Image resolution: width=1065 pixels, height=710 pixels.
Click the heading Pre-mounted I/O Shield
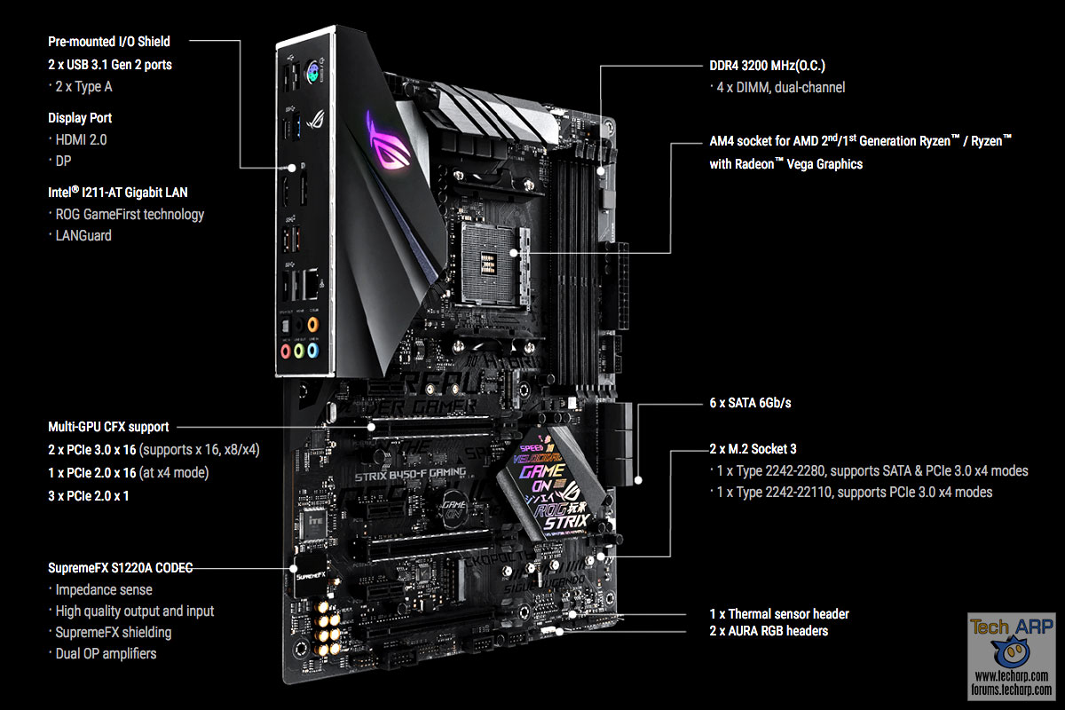pyautogui.click(x=109, y=41)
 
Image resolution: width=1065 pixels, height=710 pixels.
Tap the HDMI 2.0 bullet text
pyautogui.click(x=82, y=139)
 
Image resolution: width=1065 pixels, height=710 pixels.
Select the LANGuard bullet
pyautogui.click(x=83, y=235)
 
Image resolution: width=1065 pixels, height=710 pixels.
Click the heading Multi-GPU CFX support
pyautogui.click(x=108, y=427)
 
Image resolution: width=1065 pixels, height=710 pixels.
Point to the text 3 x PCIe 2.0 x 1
pyautogui.click(x=89, y=495)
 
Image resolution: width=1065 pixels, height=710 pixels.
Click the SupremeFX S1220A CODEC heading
pyautogui.click(x=120, y=567)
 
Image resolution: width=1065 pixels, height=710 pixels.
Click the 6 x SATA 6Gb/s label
pyautogui.click(x=751, y=403)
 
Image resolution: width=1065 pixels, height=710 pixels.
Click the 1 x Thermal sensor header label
pyautogui.click(x=779, y=613)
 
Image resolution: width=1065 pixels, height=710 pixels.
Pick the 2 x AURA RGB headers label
pyautogui.click(x=769, y=630)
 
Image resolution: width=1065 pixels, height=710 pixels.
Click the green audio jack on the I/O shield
pyautogui.click(x=300, y=351)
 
